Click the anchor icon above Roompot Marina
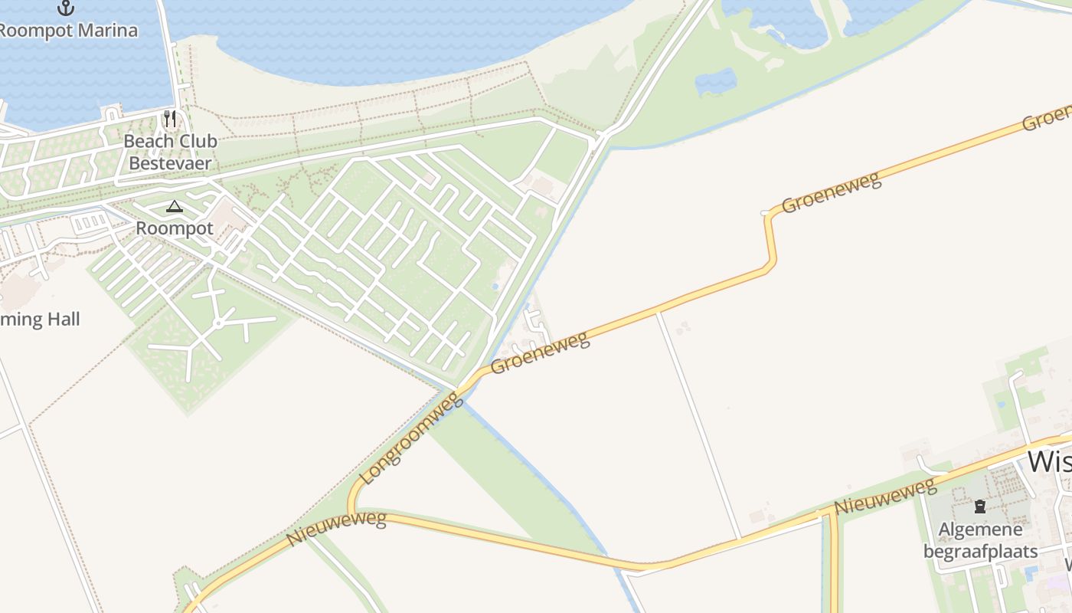tap(66, 8)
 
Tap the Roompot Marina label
tap(67, 31)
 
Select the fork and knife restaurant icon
tap(170, 119)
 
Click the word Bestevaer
tap(170, 162)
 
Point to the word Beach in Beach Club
tap(145, 141)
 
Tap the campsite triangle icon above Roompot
tap(175, 206)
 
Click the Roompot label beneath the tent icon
tap(175, 228)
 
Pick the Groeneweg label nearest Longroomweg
tap(541, 352)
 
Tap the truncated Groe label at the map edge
tap(1047, 116)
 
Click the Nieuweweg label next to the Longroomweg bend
tap(336, 529)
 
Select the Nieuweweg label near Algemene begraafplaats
tap(885, 497)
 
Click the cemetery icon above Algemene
tap(980, 506)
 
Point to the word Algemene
tap(980, 529)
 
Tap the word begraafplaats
tap(980, 551)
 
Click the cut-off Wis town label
tap(1049, 462)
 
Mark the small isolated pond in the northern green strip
tap(716, 81)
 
